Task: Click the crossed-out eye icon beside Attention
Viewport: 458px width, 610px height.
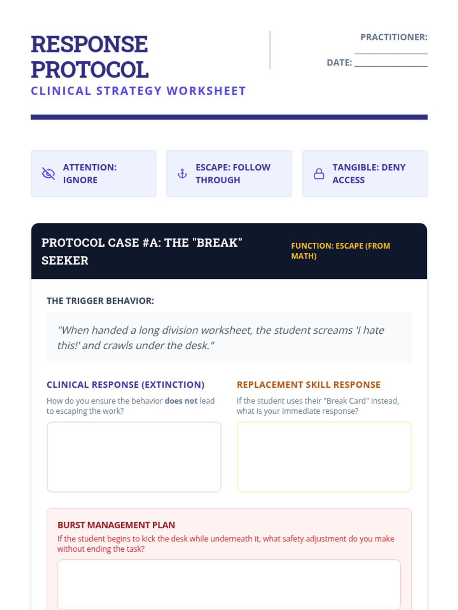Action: point(48,174)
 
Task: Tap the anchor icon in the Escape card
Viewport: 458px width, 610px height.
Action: point(182,174)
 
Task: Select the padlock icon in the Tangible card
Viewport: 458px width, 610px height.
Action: point(319,174)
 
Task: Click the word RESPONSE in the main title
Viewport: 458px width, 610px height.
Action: point(89,44)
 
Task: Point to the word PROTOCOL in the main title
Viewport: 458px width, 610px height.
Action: point(90,69)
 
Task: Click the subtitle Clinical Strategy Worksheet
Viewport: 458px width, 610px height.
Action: point(138,91)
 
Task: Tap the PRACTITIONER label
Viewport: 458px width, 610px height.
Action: point(394,37)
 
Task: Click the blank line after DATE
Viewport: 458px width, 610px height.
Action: point(391,66)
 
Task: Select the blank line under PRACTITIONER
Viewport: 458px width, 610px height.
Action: point(391,53)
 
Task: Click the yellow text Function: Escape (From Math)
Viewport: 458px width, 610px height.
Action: point(340,250)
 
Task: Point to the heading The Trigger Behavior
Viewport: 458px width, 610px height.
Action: point(100,301)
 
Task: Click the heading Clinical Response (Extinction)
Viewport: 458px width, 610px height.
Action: point(126,385)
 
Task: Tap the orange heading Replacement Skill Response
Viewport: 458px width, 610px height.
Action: point(308,385)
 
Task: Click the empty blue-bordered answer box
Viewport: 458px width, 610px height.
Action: point(134,457)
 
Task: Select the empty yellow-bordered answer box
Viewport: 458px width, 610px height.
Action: point(324,457)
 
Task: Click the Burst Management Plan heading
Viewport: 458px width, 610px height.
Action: point(116,525)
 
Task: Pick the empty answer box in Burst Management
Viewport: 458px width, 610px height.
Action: point(229,584)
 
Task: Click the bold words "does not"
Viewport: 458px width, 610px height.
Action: point(181,401)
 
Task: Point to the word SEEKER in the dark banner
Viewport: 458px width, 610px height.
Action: point(65,260)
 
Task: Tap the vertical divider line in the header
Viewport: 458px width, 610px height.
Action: point(270,50)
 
